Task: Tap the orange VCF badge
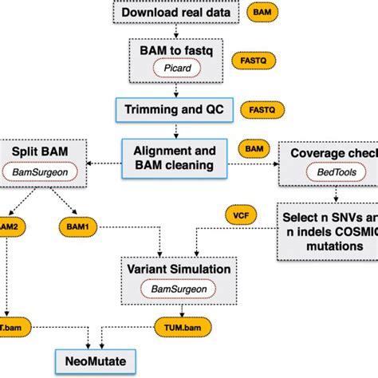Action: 239,215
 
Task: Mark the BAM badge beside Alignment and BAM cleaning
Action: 254,149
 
